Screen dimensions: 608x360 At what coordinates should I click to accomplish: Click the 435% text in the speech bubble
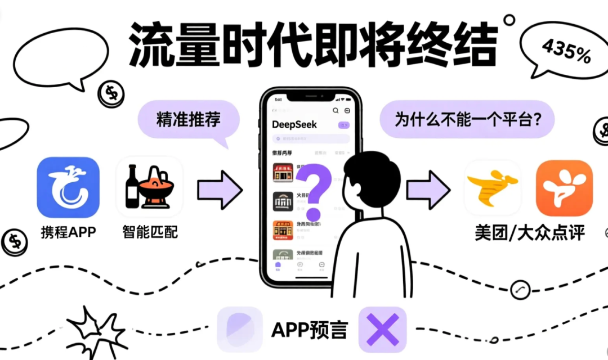[566, 50]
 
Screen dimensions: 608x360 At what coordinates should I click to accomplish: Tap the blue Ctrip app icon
[68, 187]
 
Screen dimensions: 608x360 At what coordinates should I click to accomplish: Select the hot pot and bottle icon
[149, 187]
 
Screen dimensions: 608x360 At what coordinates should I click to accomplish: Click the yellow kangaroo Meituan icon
[492, 188]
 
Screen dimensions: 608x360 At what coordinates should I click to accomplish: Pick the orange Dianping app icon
[564, 188]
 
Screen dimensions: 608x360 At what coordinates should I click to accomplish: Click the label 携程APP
[68, 231]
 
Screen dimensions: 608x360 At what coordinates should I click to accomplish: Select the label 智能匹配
[149, 231]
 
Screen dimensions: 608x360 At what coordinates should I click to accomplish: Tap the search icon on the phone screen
[336, 111]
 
